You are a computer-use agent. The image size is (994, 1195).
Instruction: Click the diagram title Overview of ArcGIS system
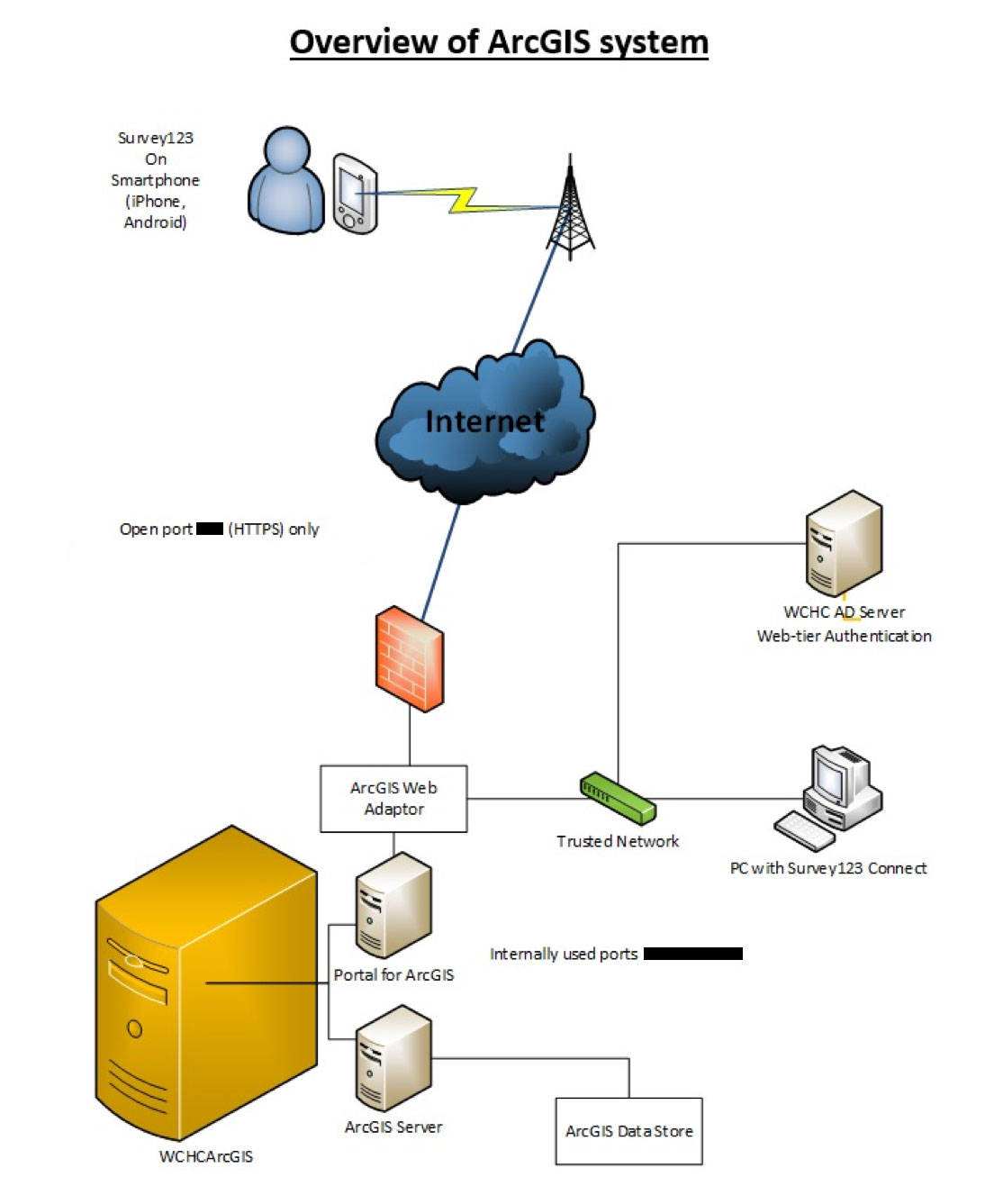499,42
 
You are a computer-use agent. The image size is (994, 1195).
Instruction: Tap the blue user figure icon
285,183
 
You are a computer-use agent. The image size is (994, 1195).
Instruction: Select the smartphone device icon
354,194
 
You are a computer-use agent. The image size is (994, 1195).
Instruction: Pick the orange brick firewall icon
410,658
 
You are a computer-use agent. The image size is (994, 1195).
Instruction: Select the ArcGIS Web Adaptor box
393,799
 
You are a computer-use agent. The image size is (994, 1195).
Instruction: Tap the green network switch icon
618,798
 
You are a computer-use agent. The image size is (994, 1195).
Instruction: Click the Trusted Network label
618,841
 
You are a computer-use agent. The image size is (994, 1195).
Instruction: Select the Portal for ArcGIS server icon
393,906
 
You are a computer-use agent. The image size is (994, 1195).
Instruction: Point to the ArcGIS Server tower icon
393,1059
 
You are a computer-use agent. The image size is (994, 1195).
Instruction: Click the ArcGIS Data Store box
628,1131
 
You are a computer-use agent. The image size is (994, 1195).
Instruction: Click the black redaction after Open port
210,529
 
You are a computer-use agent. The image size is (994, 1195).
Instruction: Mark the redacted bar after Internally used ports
693,954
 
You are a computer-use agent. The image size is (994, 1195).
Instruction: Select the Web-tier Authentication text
844,636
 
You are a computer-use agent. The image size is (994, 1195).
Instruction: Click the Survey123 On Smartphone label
155,180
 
